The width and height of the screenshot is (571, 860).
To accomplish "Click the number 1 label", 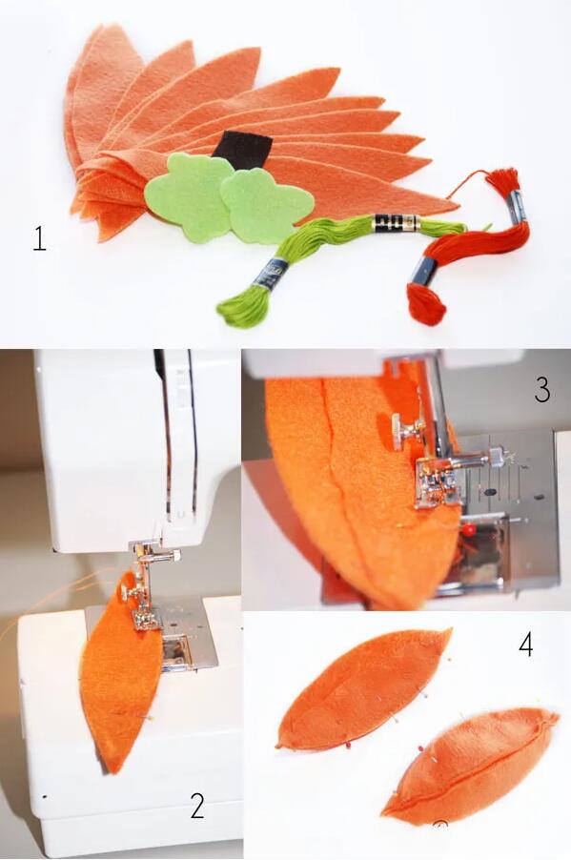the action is pyautogui.click(x=39, y=239).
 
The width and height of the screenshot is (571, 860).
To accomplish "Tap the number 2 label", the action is pyautogui.click(x=197, y=806).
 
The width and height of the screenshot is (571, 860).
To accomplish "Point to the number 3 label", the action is pyautogui.click(x=542, y=390).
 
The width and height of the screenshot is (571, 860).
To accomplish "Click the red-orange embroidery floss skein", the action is pyautogui.click(x=466, y=247).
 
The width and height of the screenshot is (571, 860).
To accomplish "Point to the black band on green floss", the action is pyautogui.click(x=395, y=224).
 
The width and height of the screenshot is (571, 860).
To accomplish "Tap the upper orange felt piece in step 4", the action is pyautogui.click(x=363, y=676).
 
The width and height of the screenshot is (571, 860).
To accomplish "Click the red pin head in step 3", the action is pyautogui.click(x=468, y=530).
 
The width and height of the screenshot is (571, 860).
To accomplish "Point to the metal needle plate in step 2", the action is pyautogui.click(x=181, y=636).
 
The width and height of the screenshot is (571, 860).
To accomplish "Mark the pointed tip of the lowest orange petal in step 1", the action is pyautogui.click(x=458, y=207).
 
